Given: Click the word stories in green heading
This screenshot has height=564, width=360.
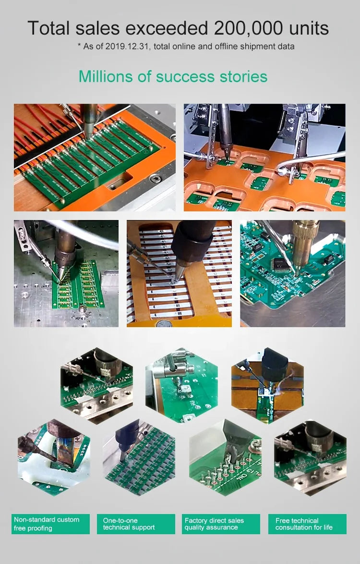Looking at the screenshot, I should (x=243, y=76).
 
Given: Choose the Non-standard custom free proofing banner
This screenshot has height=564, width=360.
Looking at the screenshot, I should (x=50, y=524).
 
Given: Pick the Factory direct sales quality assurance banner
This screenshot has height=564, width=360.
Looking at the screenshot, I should (x=221, y=524).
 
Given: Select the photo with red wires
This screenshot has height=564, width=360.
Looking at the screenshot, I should (x=95, y=157).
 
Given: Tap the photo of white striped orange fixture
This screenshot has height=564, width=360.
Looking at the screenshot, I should (x=179, y=274).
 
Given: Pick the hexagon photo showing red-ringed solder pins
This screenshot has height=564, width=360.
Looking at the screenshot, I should (x=225, y=458).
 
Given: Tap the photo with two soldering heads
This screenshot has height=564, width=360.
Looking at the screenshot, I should (x=264, y=157).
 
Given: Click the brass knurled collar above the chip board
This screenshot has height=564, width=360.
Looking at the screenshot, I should (x=306, y=231).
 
